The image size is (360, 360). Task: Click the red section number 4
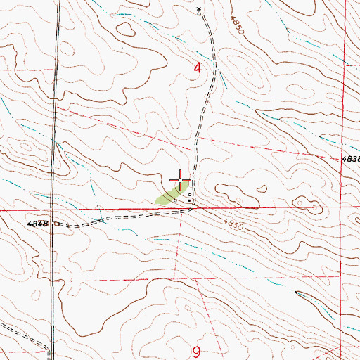pyautogui.click(x=198, y=68)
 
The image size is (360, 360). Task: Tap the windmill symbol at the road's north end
pyautogui.click(x=199, y=10)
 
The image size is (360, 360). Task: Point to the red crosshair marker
pyautogui.click(x=181, y=181)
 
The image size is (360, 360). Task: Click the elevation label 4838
pyautogui.click(x=351, y=160)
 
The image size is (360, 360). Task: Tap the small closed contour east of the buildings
pyautogui.click(x=262, y=188)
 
